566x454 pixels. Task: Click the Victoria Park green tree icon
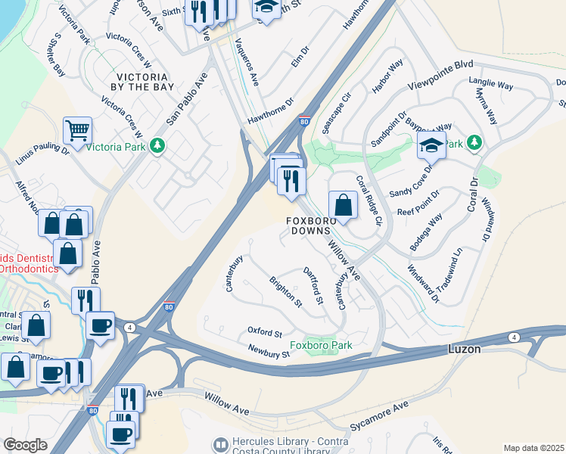tap(157, 145)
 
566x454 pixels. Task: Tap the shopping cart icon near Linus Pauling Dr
tap(77, 132)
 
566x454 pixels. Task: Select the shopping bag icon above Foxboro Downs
tap(343, 204)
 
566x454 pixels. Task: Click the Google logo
tap(26, 445)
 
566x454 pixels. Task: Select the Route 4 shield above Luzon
tap(514, 337)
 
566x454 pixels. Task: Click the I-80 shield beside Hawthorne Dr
tap(303, 121)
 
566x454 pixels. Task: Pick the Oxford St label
tap(265, 332)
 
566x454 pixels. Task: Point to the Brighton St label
tap(285, 292)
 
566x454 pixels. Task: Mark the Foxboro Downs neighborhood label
tap(309, 225)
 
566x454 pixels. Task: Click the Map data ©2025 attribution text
tap(533, 448)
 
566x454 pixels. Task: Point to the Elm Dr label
tap(300, 58)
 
